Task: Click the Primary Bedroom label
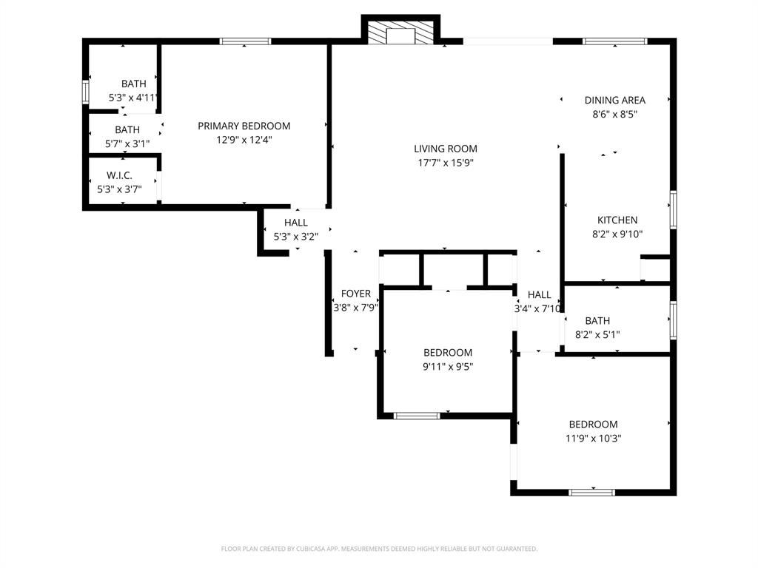(x=244, y=126)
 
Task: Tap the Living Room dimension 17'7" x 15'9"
(x=445, y=163)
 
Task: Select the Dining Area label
(x=614, y=100)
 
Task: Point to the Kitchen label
(x=617, y=220)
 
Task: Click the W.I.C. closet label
(x=119, y=175)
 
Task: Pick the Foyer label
(x=355, y=294)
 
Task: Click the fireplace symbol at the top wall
(x=400, y=33)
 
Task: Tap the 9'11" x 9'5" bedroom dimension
(x=447, y=365)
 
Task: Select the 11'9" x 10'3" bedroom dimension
(x=593, y=438)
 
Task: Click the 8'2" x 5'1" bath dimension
(x=597, y=334)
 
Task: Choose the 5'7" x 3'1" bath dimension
(x=127, y=143)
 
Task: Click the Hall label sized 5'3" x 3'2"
(x=295, y=223)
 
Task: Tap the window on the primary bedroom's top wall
(x=245, y=41)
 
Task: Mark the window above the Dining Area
(x=616, y=41)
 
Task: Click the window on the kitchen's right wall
(x=673, y=209)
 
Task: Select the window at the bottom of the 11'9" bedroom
(x=591, y=492)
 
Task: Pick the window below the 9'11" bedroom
(x=417, y=416)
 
